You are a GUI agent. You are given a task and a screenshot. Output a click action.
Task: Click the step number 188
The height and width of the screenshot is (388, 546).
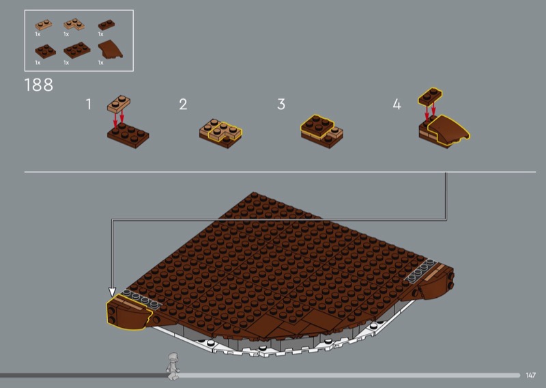coord(39,85)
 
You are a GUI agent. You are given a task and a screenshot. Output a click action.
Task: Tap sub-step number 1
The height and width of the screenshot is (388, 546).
coord(89,105)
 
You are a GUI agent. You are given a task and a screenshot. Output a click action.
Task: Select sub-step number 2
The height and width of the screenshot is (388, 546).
coord(183,105)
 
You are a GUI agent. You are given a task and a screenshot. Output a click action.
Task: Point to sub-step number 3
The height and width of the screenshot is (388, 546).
coord(281,105)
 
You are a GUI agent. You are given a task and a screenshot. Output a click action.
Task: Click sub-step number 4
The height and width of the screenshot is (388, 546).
coord(397,105)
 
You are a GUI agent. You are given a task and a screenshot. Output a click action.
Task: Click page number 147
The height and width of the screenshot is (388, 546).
coord(531,375)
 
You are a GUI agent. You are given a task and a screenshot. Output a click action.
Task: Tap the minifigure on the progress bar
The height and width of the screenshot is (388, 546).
coord(173,365)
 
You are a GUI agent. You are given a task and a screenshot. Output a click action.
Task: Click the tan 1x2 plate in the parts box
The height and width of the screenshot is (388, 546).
coord(44,25)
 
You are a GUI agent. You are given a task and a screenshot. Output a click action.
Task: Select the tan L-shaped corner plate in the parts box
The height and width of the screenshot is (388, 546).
coord(74,24)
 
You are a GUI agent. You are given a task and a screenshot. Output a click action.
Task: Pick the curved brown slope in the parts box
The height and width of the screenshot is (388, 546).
coord(110,50)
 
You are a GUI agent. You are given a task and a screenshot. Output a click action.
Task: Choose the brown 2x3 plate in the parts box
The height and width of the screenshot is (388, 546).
coord(77,50)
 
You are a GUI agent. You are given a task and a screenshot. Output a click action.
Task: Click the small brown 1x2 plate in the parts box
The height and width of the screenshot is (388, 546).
coord(106,25)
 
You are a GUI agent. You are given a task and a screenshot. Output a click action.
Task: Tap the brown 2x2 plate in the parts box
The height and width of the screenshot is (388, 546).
coord(45,51)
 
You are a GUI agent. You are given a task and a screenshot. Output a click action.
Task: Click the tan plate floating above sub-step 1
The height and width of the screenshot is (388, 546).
coord(119,104)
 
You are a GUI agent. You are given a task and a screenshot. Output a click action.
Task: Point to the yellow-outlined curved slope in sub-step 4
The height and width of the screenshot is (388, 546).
coord(449,130)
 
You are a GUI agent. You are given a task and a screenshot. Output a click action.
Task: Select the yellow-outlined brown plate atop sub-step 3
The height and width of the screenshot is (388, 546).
coord(317,126)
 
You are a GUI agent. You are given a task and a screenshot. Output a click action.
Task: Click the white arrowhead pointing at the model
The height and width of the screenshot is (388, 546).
coord(112,292)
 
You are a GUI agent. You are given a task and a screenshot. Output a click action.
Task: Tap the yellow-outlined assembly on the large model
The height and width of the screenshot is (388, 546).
coord(129,312)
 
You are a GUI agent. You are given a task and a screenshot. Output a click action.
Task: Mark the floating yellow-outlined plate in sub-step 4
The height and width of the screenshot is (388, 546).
coord(431,96)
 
